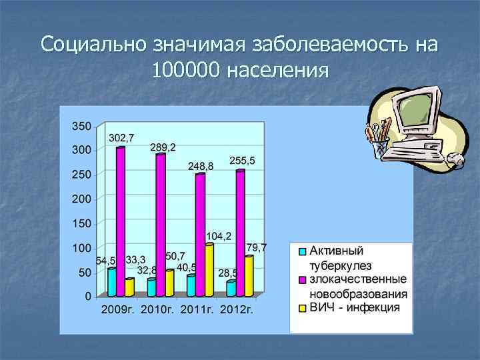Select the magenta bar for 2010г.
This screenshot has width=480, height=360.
point(161,225)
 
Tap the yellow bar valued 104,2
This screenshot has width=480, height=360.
point(209,270)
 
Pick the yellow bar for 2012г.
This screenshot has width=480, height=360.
point(249,276)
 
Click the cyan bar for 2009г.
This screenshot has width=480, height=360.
point(111,282)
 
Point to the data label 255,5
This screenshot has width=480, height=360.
point(242,161)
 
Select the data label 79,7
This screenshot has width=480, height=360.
point(257,247)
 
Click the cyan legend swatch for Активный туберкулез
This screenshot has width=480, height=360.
point(301,252)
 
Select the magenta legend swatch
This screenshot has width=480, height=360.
point(301,278)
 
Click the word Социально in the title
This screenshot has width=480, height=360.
point(93,45)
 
